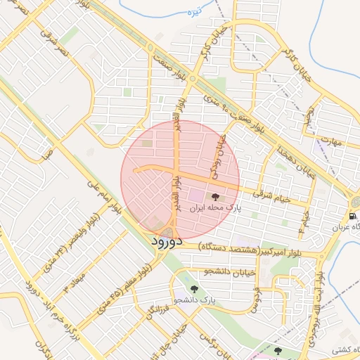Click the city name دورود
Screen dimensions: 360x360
pyautogui.click(x=167, y=242)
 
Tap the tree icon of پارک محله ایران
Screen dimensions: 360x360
pyautogui.click(x=215, y=198)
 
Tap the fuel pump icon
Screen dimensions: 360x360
pyautogui.click(x=352, y=216)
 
